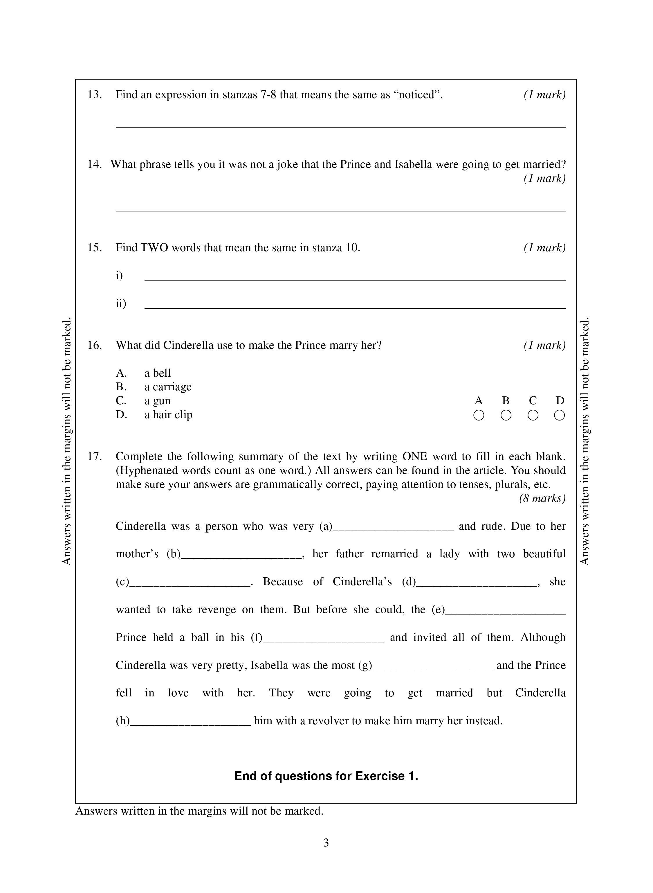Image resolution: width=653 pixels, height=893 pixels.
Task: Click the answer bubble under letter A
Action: coord(478,415)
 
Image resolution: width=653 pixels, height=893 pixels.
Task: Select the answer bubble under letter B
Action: coord(506,415)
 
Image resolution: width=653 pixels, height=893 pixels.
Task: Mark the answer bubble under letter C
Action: coord(533,415)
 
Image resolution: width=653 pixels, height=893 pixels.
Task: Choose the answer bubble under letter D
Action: coord(559,415)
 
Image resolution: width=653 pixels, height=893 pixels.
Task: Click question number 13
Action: coord(95,95)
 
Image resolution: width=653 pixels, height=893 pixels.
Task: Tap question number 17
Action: coord(95,457)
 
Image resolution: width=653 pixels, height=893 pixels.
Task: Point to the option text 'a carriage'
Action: coord(167,387)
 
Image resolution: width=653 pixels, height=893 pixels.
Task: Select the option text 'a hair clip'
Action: coord(168,415)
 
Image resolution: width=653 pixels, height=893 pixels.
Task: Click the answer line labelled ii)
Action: coord(355,307)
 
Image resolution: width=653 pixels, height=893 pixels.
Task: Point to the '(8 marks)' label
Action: coord(542,498)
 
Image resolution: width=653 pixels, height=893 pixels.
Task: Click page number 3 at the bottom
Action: coord(326,843)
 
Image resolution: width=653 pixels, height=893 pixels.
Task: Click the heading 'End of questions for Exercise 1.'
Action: coord(326,776)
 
